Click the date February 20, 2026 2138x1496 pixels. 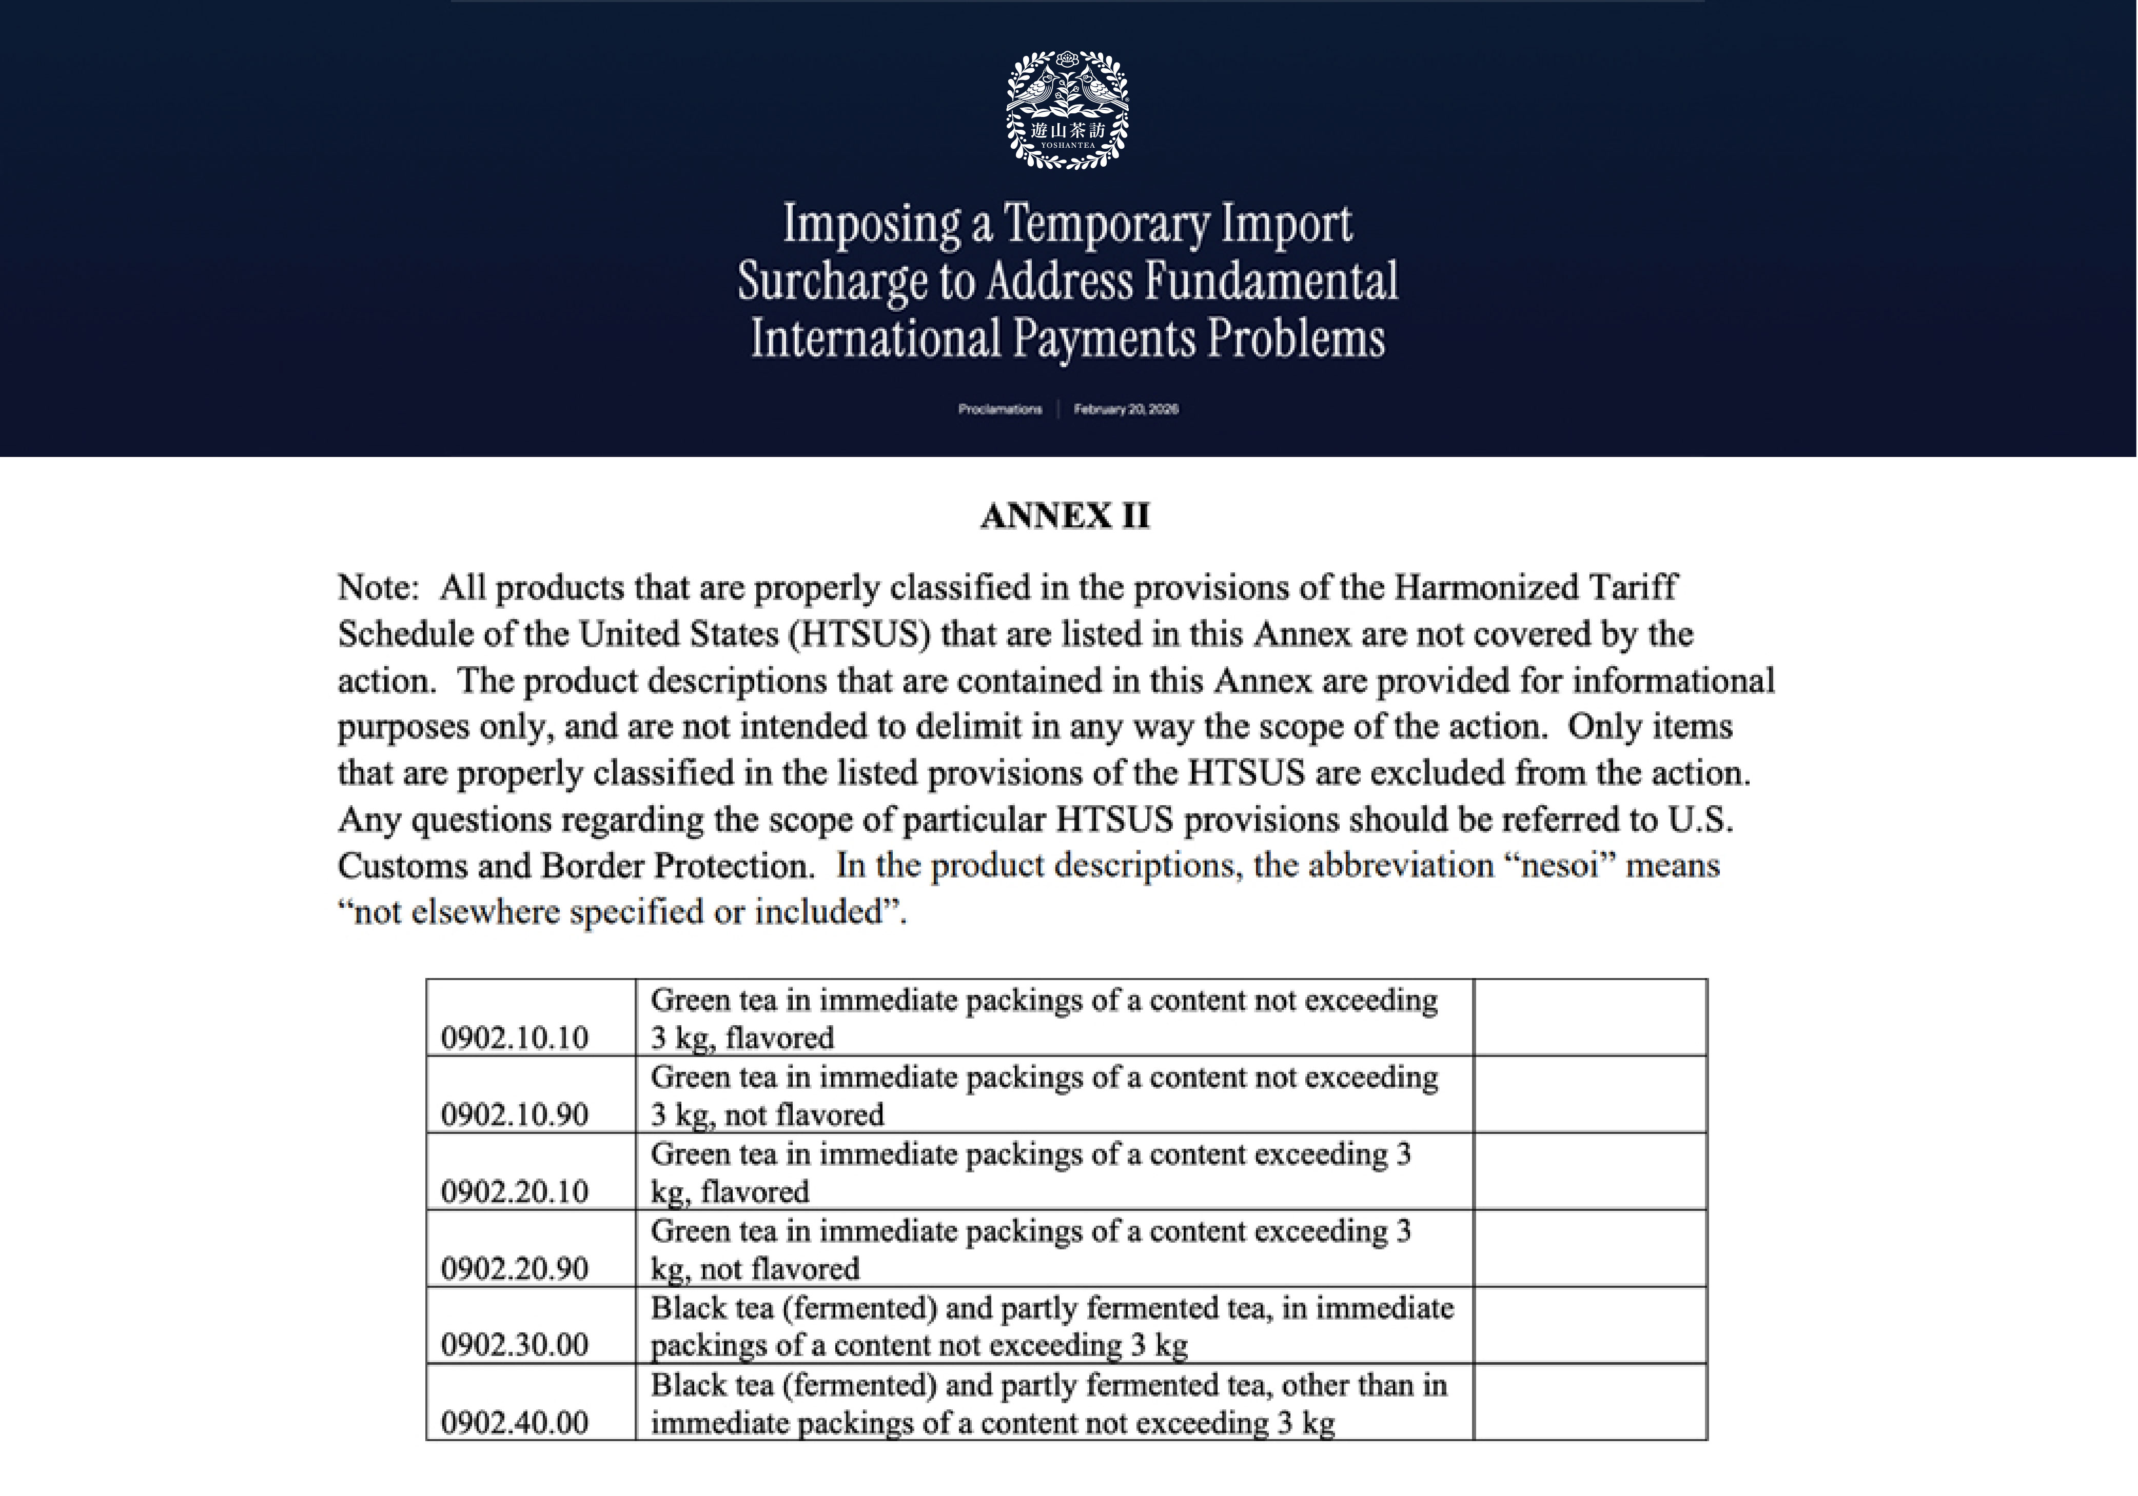click(x=1126, y=409)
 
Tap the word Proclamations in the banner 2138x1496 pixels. click(x=1000, y=409)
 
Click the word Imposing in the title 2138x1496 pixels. click(x=872, y=224)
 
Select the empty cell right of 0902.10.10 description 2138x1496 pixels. click(x=1590, y=1016)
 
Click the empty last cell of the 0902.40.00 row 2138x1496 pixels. click(x=1590, y=1402)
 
